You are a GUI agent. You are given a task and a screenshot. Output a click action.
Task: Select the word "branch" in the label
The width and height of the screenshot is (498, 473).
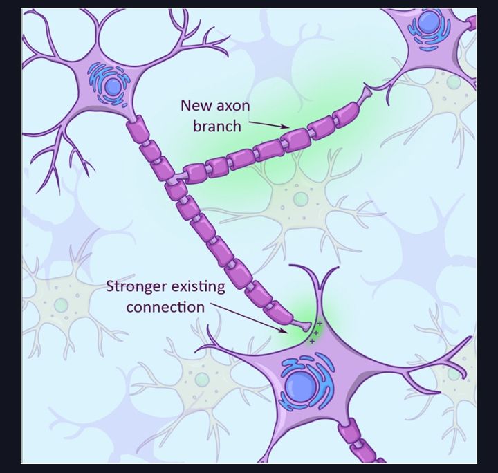217,127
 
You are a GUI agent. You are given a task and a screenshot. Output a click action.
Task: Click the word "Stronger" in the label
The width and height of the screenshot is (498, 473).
136,287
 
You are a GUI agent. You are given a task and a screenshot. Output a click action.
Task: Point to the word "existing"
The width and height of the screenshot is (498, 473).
199,287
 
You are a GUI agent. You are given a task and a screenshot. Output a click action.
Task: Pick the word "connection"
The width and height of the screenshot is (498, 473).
165,307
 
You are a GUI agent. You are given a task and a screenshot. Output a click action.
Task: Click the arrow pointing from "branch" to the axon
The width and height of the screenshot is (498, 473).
269,124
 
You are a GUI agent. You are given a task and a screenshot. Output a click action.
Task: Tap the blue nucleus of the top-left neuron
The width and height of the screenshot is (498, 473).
113,86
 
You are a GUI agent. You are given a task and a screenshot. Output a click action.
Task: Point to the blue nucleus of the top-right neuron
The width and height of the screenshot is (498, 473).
428,23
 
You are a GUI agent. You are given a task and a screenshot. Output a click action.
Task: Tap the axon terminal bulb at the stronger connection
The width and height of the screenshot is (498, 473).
302,325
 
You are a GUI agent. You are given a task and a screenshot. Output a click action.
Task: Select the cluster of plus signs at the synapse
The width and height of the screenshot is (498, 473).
315,333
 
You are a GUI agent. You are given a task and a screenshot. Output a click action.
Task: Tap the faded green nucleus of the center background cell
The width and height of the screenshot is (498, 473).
301,199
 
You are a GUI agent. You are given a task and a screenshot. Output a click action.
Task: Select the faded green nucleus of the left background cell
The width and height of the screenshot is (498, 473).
61,305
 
